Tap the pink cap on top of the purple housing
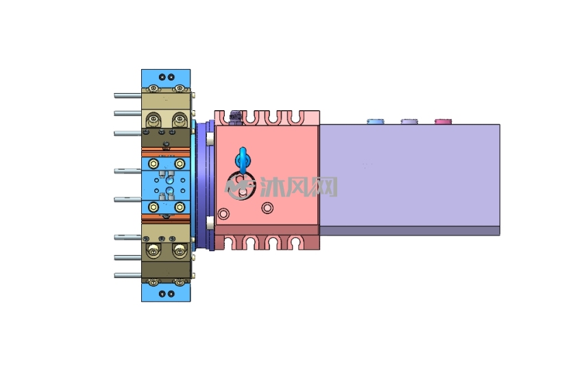tap(443, 122)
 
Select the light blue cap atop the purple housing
tap(376, 122)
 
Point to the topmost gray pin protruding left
tap(127, 96)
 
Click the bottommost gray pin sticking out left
tap(127, 275)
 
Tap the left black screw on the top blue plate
tap(162, 77)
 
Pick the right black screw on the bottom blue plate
tap(171, 294)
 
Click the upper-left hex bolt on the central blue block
tap(154, 164)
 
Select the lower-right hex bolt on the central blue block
tap(180, 207)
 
